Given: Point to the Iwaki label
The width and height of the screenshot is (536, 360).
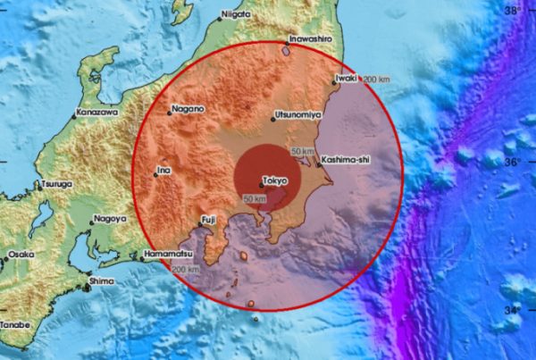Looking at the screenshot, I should pos(346,79).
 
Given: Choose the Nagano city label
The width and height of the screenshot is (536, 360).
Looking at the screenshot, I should pos(188,109).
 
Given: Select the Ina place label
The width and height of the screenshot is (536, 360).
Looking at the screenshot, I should pos(163,169).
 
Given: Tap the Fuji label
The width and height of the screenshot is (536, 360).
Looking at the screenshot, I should pos(208,218).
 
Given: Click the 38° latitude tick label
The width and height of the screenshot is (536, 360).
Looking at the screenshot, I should pos(513,10).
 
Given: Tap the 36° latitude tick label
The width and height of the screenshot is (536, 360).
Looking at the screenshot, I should pos(512,163).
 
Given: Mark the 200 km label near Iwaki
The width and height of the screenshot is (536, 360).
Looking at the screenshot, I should pos(375,80).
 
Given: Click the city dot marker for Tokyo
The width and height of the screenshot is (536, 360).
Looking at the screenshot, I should pos(261,185).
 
